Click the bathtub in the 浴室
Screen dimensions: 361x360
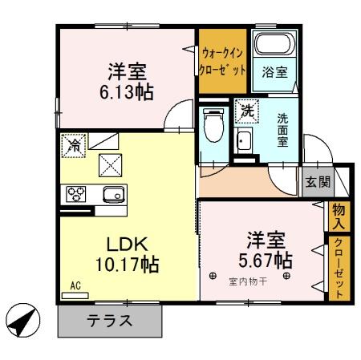pyautogui.click(x=274, y=44)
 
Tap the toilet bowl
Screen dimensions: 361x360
pyautogui.click(x=213, y=124)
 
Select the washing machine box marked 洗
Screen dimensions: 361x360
pyautogui.click(x=247, y=111)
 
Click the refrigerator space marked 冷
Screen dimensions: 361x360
pyautogui.click(x=74, y=145)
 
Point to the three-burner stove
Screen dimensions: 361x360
pyautogui.click(x=76, y=194)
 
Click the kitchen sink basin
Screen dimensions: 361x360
pyautogui.click(x=114, y=194)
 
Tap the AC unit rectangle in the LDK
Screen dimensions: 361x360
pyautogui.click(x=75, y=295)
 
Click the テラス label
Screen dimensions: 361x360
pyautogui.click(x=110, y=321)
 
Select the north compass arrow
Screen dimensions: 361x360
pyautogui.click(x=23, y=320)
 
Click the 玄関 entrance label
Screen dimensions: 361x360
pyautogui.click(x=318, y=182)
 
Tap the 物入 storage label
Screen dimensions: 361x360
pyautogui.click(x=339, y=216)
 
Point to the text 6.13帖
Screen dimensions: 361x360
pyautogui.click(x=127, y=92)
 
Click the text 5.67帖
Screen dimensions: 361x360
pyautogui.click(x=266, y=261)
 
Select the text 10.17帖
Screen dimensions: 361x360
pyautogui.click(x=128, y=265)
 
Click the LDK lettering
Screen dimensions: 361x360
pyautogui.click(x=127, y=245)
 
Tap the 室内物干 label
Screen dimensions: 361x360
pyautogui.click(x=248, y=281)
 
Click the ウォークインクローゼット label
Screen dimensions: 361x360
pyautogui.click(x=223, y=62)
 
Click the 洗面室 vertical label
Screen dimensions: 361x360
pyautogui.click(x=282, y=130)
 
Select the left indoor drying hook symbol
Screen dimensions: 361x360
pyautogui.click(x=213, y=276)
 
